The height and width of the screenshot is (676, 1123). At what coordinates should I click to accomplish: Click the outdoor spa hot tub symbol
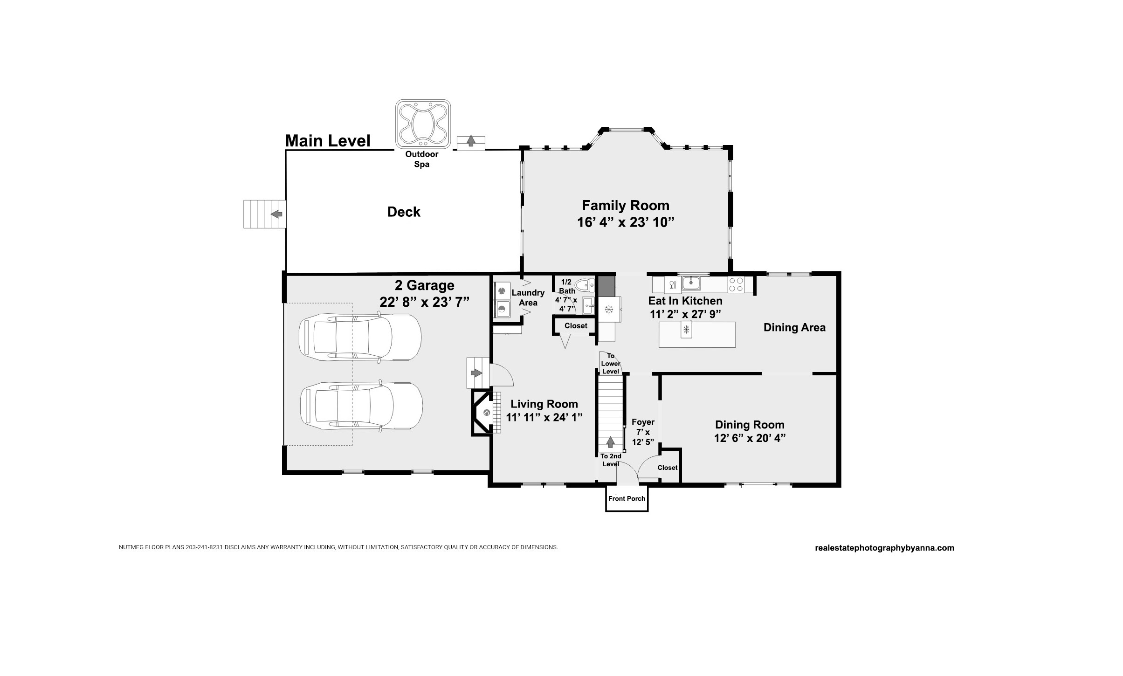click(x=423, y=124)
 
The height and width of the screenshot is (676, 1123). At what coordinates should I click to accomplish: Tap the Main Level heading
click(x=328, y=141)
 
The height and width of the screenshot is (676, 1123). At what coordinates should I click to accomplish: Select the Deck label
click(x=404, y=212)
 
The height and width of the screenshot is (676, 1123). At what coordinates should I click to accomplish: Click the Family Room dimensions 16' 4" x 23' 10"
click(x=626, y=222)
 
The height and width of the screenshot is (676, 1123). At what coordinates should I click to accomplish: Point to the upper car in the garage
click(x=360, y=337)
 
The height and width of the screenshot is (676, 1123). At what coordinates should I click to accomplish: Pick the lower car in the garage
click(x=361, y=406)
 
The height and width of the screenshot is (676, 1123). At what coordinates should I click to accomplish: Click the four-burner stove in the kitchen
click(x=736, y=284)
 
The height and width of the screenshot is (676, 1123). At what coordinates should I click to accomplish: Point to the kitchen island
click(x=697, y=335)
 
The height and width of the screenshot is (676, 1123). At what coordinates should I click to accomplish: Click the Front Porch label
click(x=627, y=499)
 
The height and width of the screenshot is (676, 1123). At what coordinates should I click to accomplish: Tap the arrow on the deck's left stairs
click(x=276, y=214)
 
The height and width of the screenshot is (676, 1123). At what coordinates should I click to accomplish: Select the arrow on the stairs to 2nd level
click(x=610, y=442)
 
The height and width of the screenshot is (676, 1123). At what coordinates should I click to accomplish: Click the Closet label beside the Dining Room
click(x=668, y=468)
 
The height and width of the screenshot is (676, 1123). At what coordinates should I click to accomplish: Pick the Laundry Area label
click(x=528, y=297)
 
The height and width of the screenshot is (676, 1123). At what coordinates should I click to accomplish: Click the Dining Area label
click(x=794, y=328)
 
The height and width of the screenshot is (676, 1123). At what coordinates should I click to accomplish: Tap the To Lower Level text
click(x=611, y=364)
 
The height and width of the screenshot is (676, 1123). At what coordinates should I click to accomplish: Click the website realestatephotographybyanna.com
click(x=884, y=548)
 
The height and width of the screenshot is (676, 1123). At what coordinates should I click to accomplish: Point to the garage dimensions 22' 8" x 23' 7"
click(x=424, y=302)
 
